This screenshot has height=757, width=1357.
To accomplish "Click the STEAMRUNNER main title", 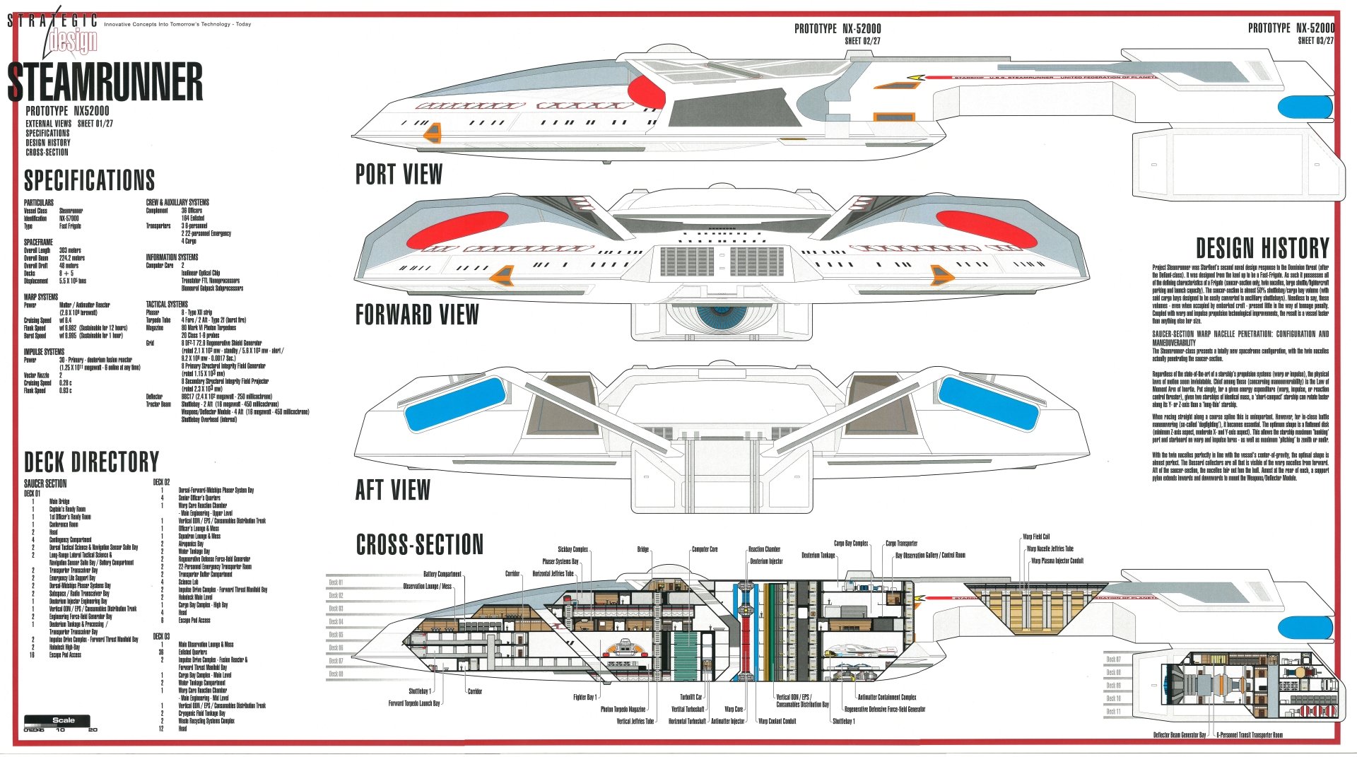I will pyautogui.click(x=105, y=82).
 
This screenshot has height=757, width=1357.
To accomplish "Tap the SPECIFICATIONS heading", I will pyautogui.click(x=90, y=180).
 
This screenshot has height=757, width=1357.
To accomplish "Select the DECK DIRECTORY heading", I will pyautogui.click(x=92, y=462).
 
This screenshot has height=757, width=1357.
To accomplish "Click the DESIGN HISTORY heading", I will pyautogui.click(x=1262, y=248).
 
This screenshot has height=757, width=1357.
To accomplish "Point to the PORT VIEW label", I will pyautogui.click(x=399, y=175).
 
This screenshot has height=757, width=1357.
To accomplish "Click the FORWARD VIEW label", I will pyautogui.click(x=417, y=315).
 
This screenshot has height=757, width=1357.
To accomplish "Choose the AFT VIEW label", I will pyautogui.click(x=392, y=490).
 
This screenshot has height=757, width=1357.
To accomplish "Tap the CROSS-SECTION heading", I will pyautogui.click(x=420, y=545).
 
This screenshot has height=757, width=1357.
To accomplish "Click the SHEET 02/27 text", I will pyautogui.click(x=862, y=41).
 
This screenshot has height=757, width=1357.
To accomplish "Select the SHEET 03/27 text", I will pyautogui.click(x=1315, y=41).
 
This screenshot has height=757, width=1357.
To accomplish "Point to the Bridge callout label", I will pyautogui.click(x=642, y=549).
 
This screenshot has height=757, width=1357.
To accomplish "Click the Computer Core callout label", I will pyautogui.click(x=705, y=549).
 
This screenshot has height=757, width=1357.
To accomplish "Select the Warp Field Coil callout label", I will pyautogui.click(x=1036, y=537).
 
